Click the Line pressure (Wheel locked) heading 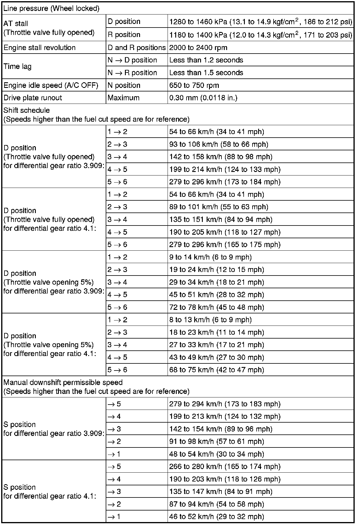[51, 9]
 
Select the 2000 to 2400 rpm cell [198, 48]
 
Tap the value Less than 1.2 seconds [206, 60]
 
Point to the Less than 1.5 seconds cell [206, 73]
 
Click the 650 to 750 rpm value [194, 86]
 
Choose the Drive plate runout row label [33, 98]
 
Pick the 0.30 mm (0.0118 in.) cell [203, 98]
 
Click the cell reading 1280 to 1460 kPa [261, 22]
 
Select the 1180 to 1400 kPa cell [261, 35]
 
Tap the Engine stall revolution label [39, 48]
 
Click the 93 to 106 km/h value [218, 144]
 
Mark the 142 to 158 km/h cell [221, 157]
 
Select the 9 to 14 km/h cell [210, 257]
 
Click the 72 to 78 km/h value [216, 307]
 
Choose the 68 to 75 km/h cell [216, 370]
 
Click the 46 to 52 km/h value [216, 517]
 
